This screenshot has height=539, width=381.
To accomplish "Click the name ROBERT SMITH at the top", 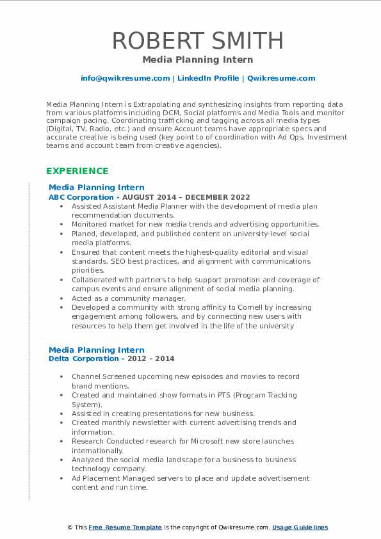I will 197,40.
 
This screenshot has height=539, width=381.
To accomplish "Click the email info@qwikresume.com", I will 125,78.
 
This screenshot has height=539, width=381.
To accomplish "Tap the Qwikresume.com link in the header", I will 281,78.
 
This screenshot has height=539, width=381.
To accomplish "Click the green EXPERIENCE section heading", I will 77,171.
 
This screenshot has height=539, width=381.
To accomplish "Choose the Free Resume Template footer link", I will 126,527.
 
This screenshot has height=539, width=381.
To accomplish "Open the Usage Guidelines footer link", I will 300,527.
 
